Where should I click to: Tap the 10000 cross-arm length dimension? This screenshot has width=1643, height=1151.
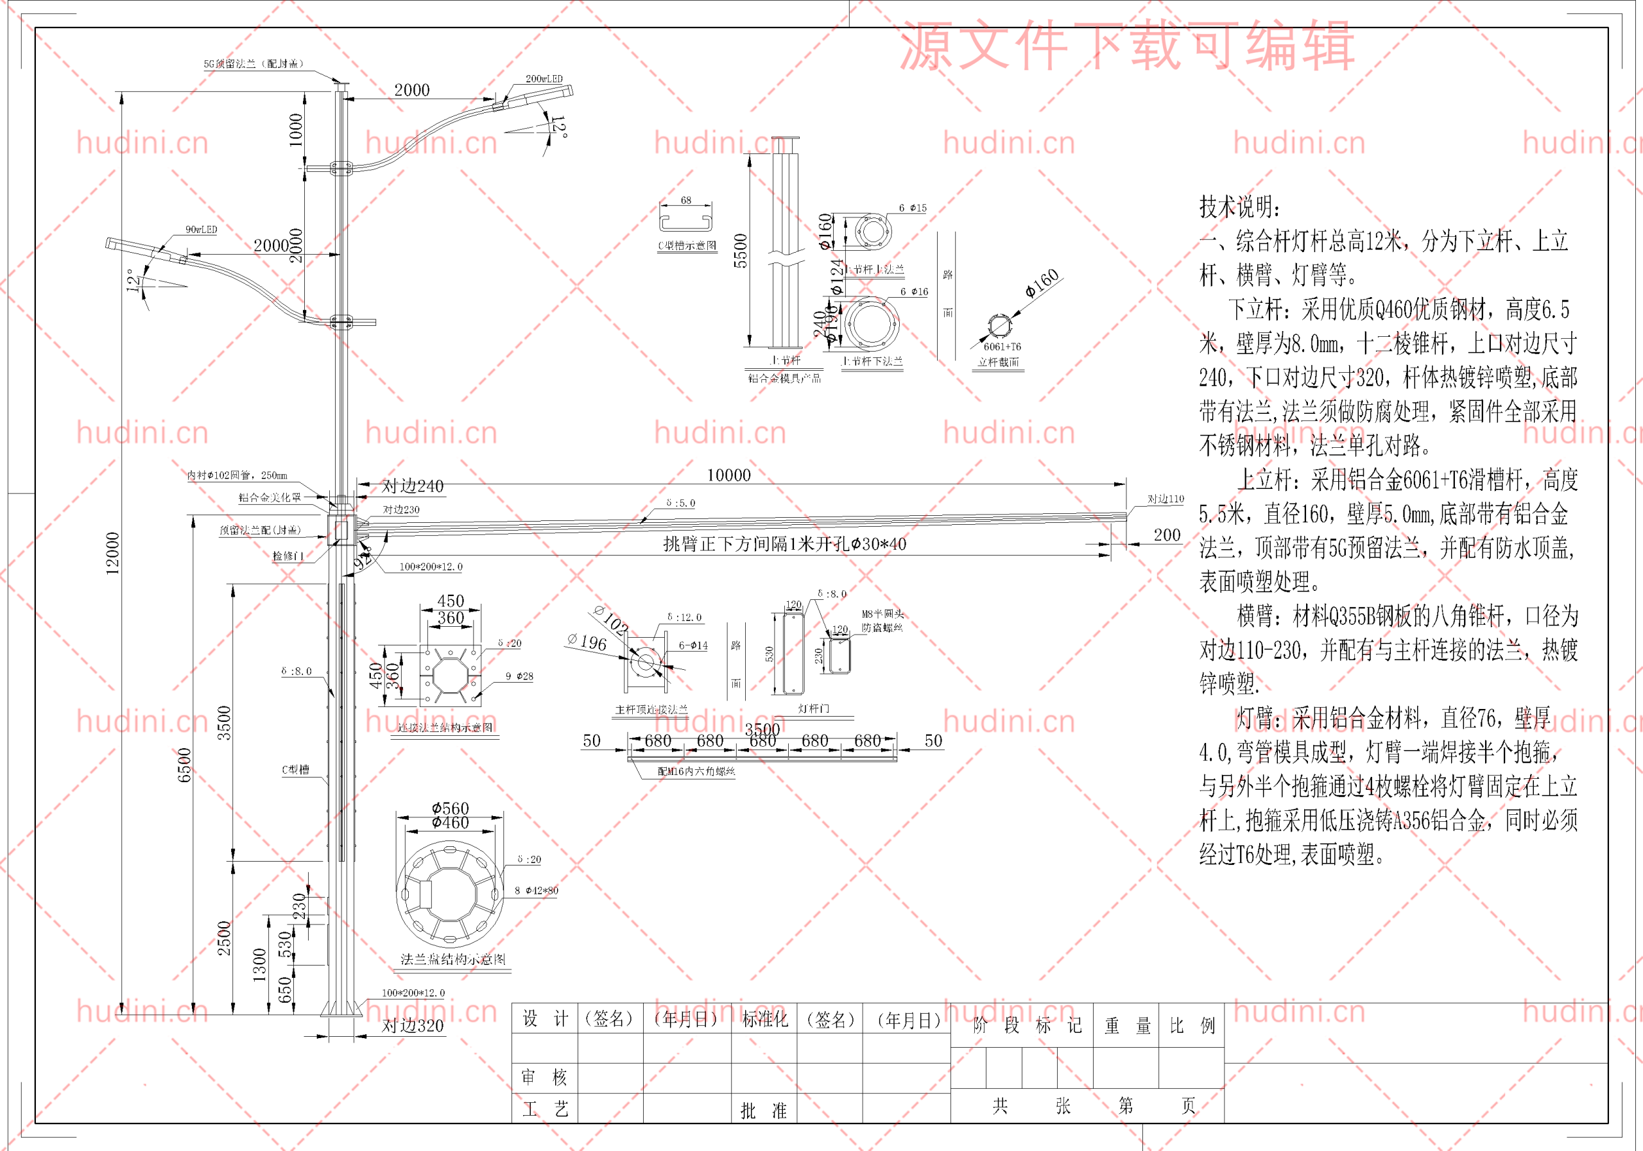point(728,475)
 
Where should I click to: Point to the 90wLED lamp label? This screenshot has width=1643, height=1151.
point(201,230)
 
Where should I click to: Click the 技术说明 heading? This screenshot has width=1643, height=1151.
point(1239,207)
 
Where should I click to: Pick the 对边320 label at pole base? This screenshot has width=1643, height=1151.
point(412,1026)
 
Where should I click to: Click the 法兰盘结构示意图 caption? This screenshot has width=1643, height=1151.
point(452,959)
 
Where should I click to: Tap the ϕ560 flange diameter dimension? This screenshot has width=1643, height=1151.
point(450,808)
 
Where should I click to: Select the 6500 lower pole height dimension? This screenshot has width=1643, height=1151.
point(185,765)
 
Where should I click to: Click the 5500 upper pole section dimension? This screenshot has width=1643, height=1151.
point(740,251)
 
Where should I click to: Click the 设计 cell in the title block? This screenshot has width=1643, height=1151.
point(545,1019)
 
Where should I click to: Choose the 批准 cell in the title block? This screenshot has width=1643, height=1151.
point(763,1110)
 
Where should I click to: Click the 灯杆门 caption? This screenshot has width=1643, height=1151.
point(813,709)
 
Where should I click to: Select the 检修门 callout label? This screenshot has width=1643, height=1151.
point(288,556)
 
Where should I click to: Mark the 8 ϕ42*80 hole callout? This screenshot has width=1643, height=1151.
point(536,891)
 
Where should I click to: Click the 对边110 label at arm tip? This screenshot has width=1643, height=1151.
point(1166,499)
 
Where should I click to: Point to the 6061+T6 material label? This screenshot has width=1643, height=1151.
point(1002,347)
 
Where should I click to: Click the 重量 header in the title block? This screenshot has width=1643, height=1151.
point(1126,1026)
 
